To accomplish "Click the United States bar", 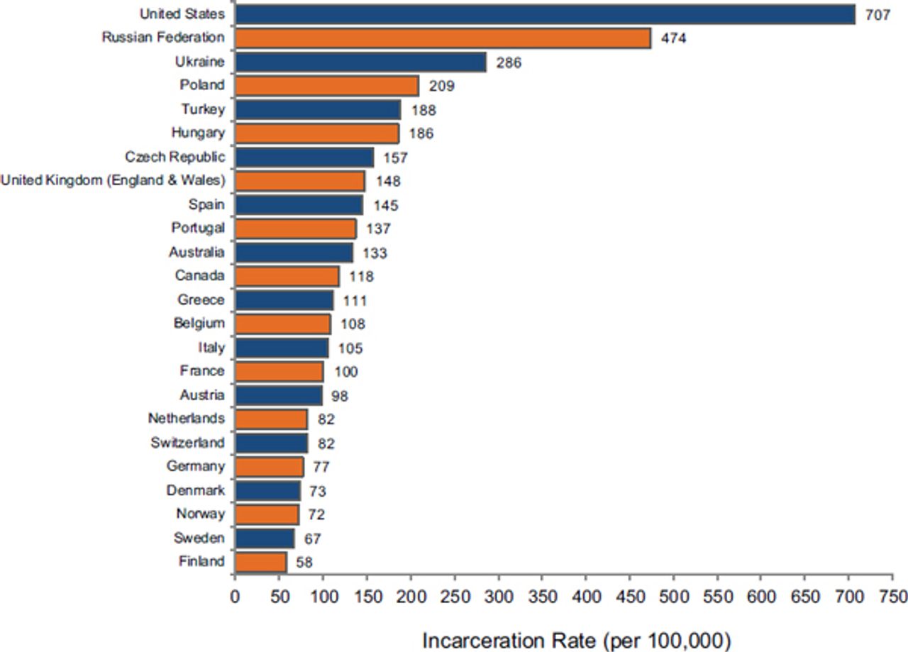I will click(x=545, y=14).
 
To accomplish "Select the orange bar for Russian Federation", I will click(x=443, y=38).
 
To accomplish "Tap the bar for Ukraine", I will click(x=360, y=62).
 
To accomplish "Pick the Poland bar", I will click(x=326, y=86).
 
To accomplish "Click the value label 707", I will click(x=877, y=15).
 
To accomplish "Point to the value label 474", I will click(x=673, y=38).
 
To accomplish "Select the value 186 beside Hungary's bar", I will click(x=421, y=133).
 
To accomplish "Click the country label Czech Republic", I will click(x=175, y=157).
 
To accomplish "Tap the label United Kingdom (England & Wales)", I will click(x=113, y=181).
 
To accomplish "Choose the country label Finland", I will click(x=201, y=562).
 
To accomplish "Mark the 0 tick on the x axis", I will click(x=235, y=596).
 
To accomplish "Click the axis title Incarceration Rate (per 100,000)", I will click(x=577, y=640).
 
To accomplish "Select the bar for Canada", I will click(x=287, y=276).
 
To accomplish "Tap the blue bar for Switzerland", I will click(x=271, y=443).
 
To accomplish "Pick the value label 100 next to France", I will click(x=346, y=372).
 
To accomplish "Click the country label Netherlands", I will click(x=186, y=419).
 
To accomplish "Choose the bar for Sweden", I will click(x=264, y=538).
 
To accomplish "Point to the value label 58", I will click(x=304, y=563).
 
